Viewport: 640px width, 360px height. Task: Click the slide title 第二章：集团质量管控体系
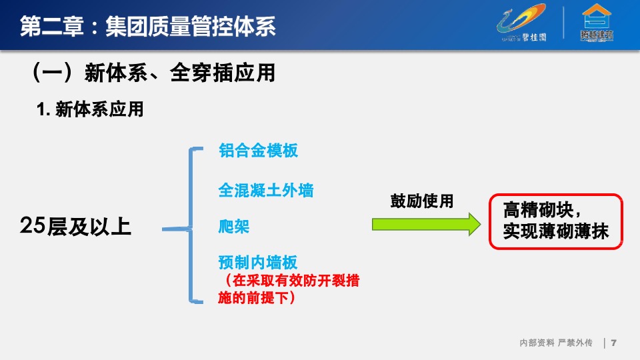tap(147, 27)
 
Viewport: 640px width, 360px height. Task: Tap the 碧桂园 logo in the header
tap(524, 25)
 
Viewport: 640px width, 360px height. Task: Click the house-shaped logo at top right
tap(597, 24)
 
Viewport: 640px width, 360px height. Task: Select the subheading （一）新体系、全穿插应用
tap(153, 73)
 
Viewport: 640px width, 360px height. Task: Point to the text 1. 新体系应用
tap(90, 110)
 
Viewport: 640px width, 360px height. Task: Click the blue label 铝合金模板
tap(258, 151)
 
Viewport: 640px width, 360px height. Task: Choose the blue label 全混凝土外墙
tap(265, 191)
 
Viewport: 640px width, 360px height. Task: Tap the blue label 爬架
tap(234, 226)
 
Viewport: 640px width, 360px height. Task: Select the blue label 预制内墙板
tap(258, 262)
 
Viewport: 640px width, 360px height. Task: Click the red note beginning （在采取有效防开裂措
tap(289, 289)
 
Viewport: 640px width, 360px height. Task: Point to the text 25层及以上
tap(75, 227)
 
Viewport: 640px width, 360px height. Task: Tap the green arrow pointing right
tap(425, 224)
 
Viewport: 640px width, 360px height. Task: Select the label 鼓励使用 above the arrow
tap(421, 201)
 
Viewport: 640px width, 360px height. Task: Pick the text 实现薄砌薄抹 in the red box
tap(555, 231)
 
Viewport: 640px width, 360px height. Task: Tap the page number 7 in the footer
tap(613, 343)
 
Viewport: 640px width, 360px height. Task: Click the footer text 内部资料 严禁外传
tap(555, 343)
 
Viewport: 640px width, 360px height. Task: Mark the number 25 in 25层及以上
tap(33, 227)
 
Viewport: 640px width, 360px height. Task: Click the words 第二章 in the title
tap(51, 27)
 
